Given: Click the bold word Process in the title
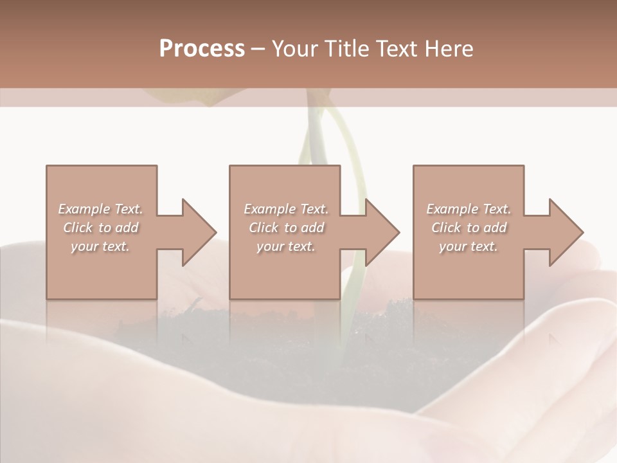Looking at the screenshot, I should [x=202, y=48].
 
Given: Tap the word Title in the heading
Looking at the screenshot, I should [x=345, y=48].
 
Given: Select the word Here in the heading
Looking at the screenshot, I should [x=450, y=48].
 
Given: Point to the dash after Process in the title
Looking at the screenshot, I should [x=258, y=49].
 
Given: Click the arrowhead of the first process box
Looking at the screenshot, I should [x=199, y=232].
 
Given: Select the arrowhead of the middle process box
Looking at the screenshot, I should [x=382, y=232].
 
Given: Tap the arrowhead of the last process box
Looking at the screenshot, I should [x=566, y=232].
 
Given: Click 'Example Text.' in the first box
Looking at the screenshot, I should [x=100, y=209].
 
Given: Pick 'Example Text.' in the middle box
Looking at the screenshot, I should [x=286, y=209].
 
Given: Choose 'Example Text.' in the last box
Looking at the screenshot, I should [x=469, y=209].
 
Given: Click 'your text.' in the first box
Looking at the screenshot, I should [x=100, y=246].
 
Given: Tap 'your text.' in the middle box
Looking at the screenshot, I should [x=286, y=246].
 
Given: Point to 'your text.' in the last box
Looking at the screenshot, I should [x=469, y=246].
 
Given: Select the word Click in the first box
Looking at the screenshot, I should [x=78, y=228].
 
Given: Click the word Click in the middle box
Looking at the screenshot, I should [x=264, y=228].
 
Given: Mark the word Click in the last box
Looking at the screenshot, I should [x=446, y=228].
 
